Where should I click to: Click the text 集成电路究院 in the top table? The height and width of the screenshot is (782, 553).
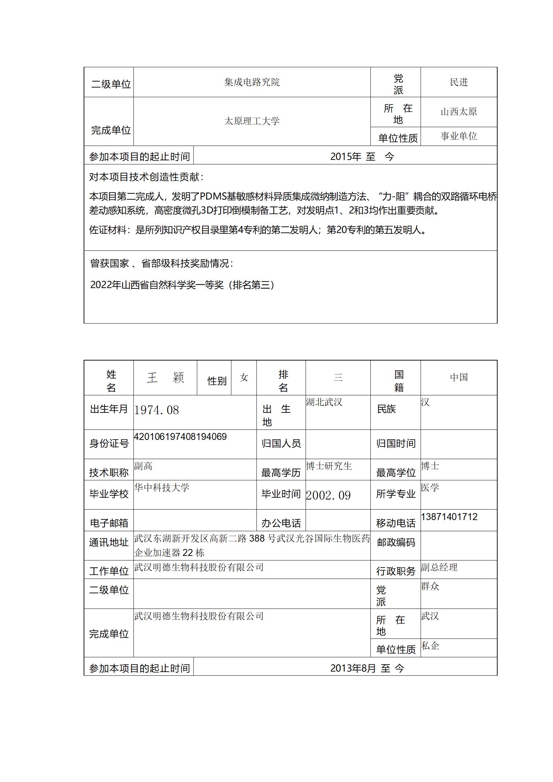pos(252,82)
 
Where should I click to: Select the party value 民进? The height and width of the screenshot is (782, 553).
pos(459,82)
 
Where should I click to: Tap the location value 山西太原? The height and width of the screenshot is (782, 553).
pos(459,112)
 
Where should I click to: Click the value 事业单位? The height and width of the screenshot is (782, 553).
pos(459,136)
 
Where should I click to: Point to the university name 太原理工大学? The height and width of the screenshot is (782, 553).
pos(252,121)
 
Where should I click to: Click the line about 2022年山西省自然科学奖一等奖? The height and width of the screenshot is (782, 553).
pos(182,285)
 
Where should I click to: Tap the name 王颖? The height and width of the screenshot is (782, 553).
pos(165,378)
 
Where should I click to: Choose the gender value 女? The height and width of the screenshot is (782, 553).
pos(244,378)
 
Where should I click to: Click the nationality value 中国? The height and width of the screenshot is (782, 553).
pos(459,378)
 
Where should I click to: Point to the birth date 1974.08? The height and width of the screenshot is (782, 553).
pos(156,410)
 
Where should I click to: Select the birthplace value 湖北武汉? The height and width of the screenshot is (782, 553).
pos(324,402)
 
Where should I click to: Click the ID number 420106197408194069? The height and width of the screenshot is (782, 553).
pos(180,437)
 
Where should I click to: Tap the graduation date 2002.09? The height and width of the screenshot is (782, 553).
pos(328,495)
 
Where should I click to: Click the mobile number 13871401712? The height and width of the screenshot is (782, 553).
pos(449,517)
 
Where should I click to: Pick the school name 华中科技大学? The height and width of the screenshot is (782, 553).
pos(162,487)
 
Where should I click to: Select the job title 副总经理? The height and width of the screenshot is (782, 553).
pos(439,567)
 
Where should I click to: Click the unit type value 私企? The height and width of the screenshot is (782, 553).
pos(430,646)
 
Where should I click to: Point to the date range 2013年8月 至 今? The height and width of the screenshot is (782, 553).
pos(367,668)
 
